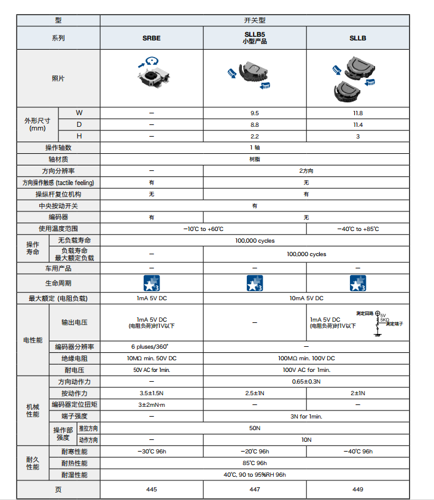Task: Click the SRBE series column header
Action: tap(152, 38)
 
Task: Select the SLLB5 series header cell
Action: tap(255, 38)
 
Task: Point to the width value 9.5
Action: tap(255, 113)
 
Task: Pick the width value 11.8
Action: tap(358, 113)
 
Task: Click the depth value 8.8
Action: tap(255, 124)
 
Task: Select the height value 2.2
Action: tap(255, 135)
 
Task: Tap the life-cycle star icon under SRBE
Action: tap(152, 283)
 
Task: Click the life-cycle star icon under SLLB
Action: tap(358, 283)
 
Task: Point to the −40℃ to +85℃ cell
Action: tap(358, 229)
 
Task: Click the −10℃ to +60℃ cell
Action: tap(203, 229)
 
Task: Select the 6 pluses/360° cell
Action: tap(152, 346)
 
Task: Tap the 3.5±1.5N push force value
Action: tap(152, 393)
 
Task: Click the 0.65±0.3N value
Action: tap(306, 381)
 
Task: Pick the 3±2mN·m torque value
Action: tap(152, 404)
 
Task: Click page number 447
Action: tap(255, 489)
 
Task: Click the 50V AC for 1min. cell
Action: tap(152, 369)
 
